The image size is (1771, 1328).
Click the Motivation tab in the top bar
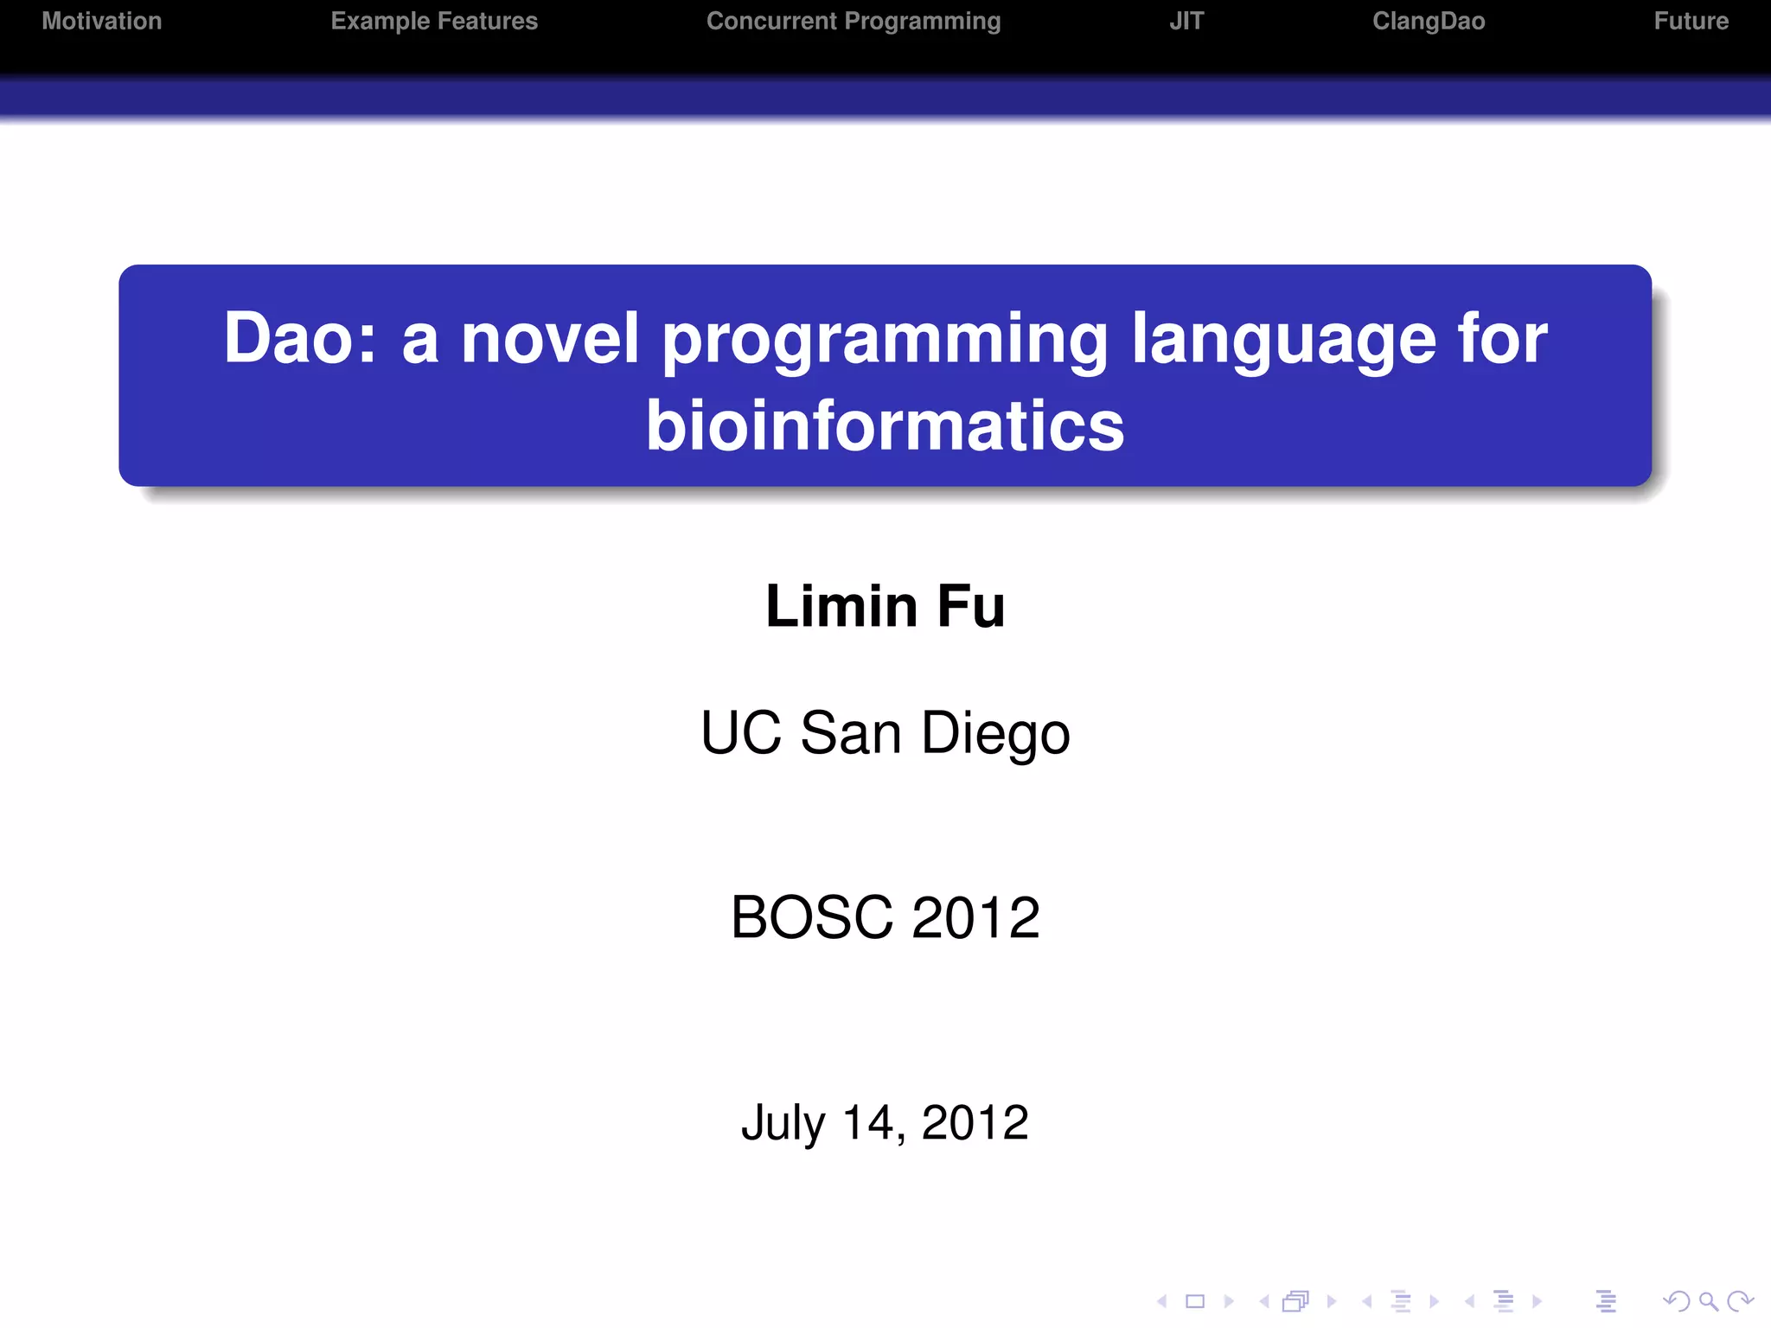[x=102, y=21]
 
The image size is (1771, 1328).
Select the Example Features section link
[x=434, y=21]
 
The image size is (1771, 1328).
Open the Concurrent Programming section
[x=854, y=21]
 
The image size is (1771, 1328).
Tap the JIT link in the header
[x=1186, y=21]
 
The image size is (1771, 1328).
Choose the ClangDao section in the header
[x=1429, y=21]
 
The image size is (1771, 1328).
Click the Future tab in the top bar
[x=1691, y=21]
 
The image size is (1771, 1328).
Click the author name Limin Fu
[x=885, y=606]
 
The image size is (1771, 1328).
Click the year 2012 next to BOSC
[x=975, y=917]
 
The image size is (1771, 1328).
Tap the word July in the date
[x=783, y=1123]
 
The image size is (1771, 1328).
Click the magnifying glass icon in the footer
[x=1708, y=1300]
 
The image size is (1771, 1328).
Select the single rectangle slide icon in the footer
[x=1195, y=1300]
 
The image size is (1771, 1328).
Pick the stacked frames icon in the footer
[x=1296, y=1300]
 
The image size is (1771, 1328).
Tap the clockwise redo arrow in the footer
[x=1739, y=1300]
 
